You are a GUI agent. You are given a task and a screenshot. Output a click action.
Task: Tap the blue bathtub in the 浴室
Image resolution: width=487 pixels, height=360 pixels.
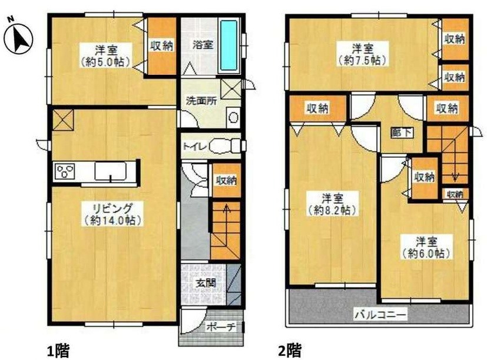pos(229,46)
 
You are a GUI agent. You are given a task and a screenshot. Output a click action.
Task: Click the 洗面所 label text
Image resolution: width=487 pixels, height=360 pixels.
pos(202,100)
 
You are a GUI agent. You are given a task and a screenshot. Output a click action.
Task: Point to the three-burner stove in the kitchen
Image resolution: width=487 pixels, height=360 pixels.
pos(65,172)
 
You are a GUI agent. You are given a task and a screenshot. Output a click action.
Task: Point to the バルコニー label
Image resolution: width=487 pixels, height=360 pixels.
pos(380,316)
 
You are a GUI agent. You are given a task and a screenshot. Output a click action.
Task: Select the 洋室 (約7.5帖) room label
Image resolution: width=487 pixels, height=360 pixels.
pos(362,54)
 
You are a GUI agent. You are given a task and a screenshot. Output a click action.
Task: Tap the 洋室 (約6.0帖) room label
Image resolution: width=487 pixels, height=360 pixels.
pos(426,247)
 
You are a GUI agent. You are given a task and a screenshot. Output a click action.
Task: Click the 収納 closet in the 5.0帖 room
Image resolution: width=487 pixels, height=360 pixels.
pos(161,46)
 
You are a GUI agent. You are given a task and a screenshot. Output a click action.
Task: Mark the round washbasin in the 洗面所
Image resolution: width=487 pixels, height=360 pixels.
pos(234,117)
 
